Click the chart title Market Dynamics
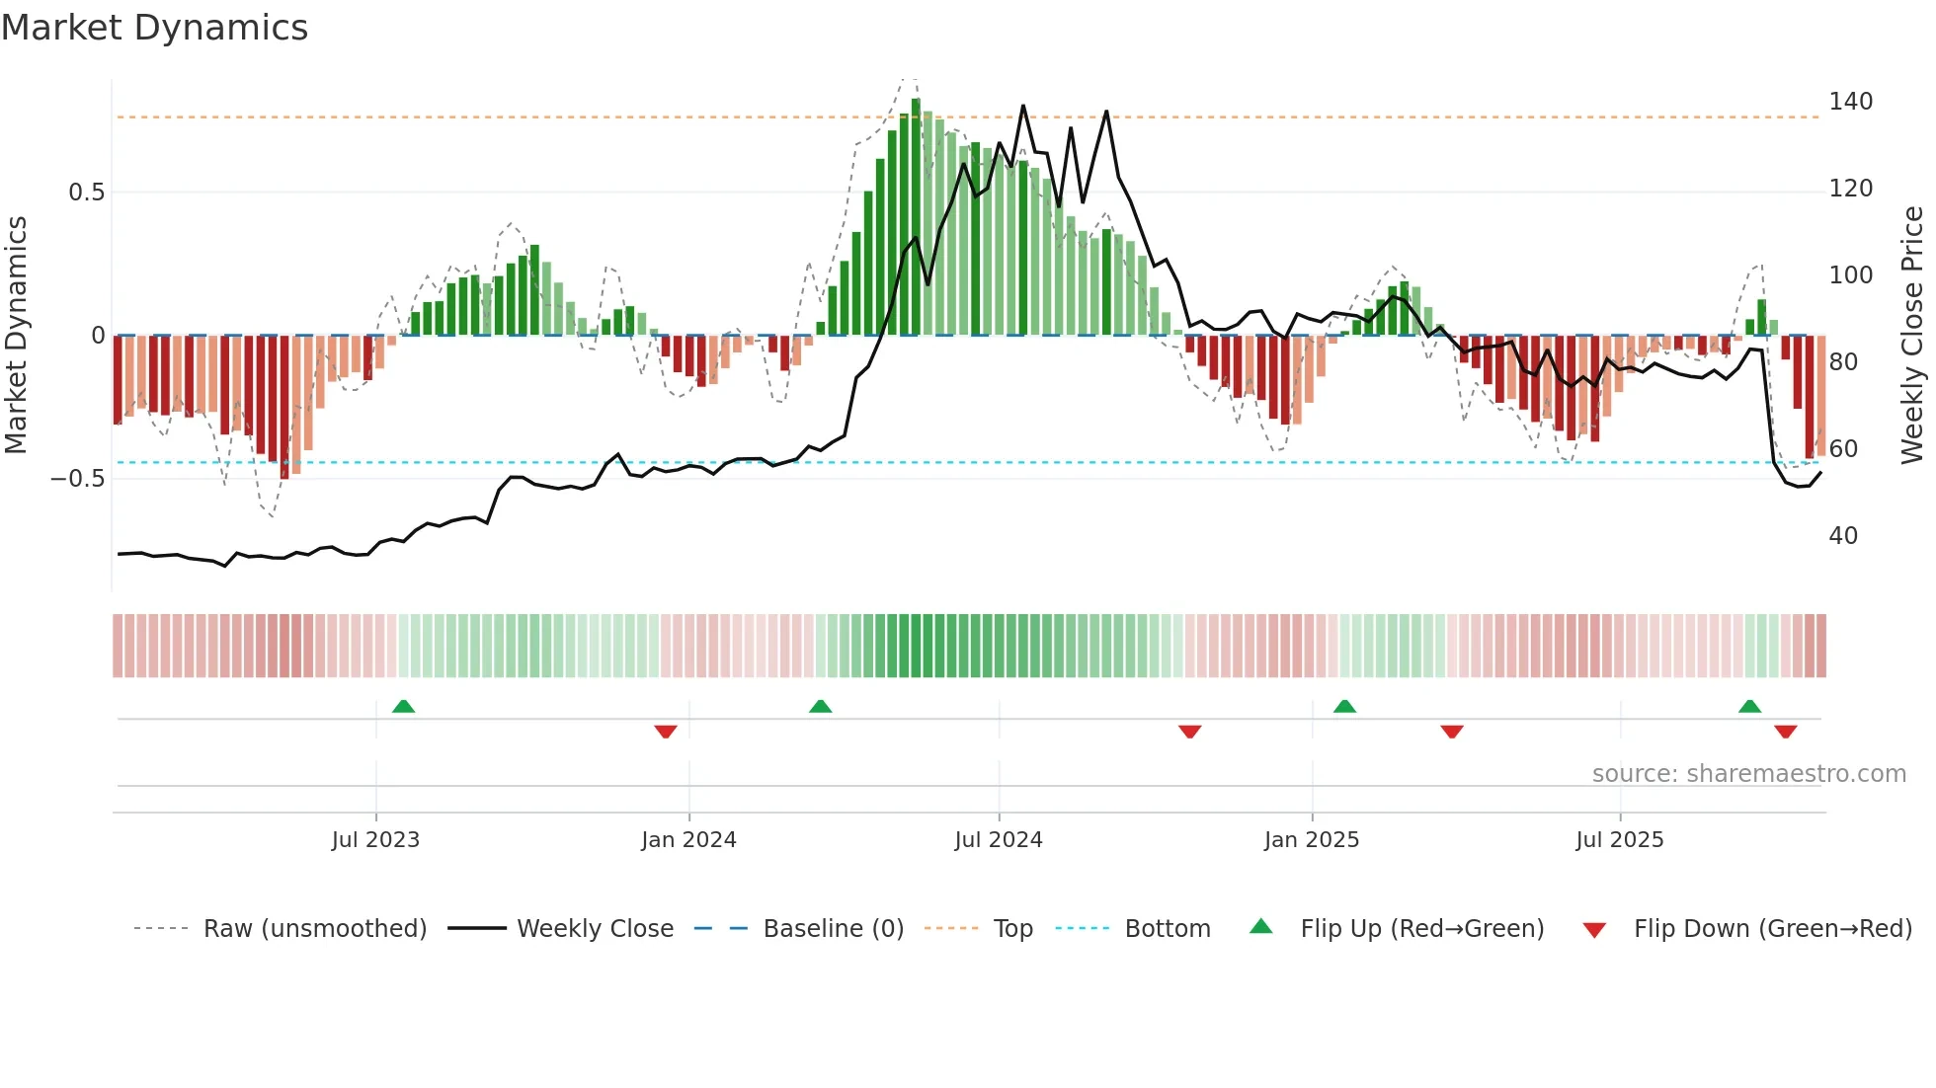(155, 28)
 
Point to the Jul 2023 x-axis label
(375, 840)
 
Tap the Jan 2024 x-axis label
(688, 840)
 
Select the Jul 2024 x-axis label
(999, 840)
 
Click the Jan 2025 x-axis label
(1312, 840)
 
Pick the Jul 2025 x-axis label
(1620, 840)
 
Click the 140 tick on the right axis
(1850, 102)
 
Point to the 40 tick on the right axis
(1843, 536)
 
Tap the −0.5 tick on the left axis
(78, 479)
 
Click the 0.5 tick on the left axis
(87, 193)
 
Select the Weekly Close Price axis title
(1913, 336)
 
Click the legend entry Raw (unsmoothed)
(314, 929)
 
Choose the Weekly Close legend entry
(595, 929)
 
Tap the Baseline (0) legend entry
(833, 929)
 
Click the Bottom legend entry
(1167, 929)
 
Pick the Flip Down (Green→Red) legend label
(1772, 929)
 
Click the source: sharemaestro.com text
(1748, 774)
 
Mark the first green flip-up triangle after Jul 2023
(403, 706)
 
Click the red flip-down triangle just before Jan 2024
(666, 732)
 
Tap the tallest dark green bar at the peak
(916, 217)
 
